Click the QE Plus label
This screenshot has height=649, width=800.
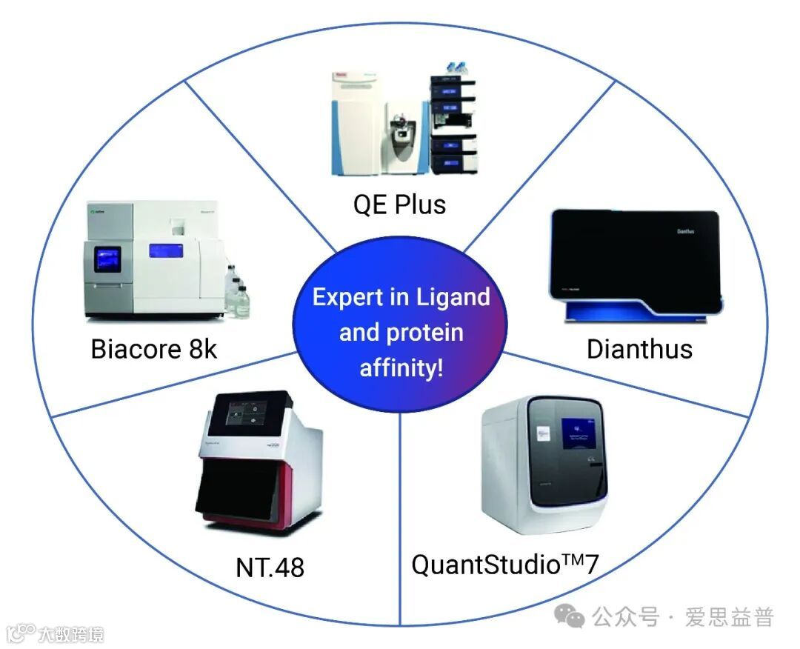click(x=399, y=203)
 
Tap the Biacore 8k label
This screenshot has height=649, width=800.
click(x=154, y=348)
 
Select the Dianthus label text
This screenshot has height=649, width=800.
click(x=639, y=348)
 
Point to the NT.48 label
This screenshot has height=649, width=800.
click(x=270, y=568)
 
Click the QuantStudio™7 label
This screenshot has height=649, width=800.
click(x=504, y=565)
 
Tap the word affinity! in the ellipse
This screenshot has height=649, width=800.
click(x=401, y=367)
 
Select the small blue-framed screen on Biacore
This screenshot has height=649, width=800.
click(x=105, y=259)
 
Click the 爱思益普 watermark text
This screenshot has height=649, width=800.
click(x=730, y=616)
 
